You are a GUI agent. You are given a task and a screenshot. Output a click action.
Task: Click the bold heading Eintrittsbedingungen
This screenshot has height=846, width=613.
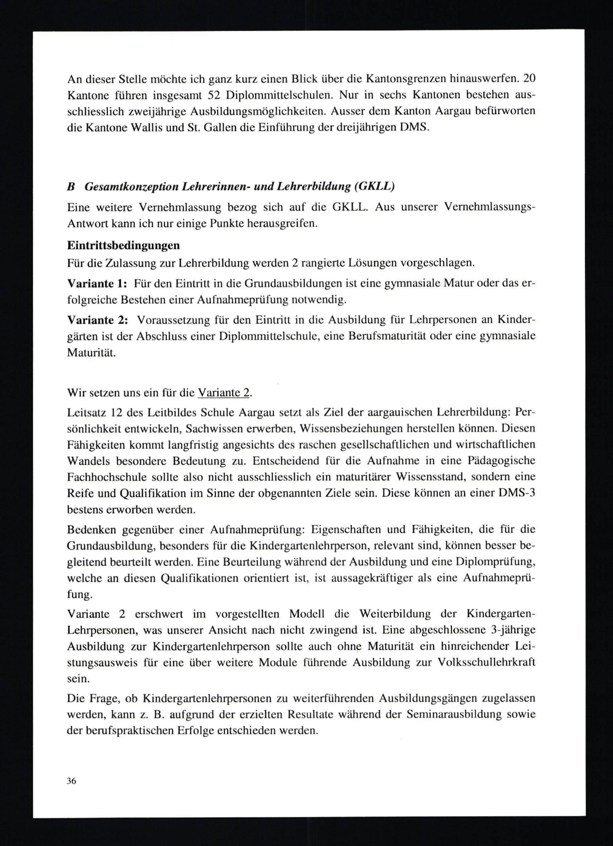click(123, 246)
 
